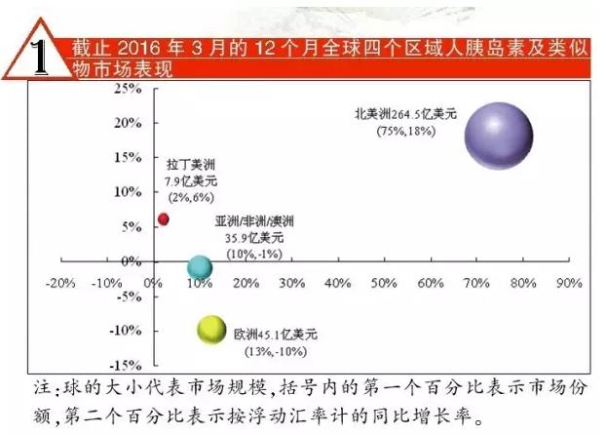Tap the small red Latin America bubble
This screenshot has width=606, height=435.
(164, 219)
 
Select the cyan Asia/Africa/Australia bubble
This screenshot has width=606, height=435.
(200, 267)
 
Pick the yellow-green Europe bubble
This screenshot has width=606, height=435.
(211, 332)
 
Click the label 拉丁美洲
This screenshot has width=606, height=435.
(185, 164)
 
